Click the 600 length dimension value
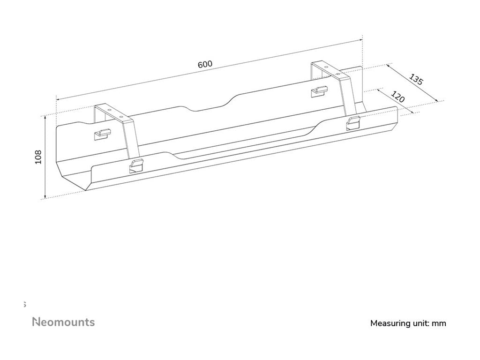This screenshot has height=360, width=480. click(x=205, y=64)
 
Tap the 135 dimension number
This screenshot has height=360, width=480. click(x=416, y=79)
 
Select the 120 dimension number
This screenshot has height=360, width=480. click(x=397, y=97)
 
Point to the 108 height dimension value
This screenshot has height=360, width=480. click(x=38, y=157)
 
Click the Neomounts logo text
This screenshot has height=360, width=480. click(x=63, y=322)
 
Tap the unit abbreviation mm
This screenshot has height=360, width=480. click(x=440, y=323)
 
